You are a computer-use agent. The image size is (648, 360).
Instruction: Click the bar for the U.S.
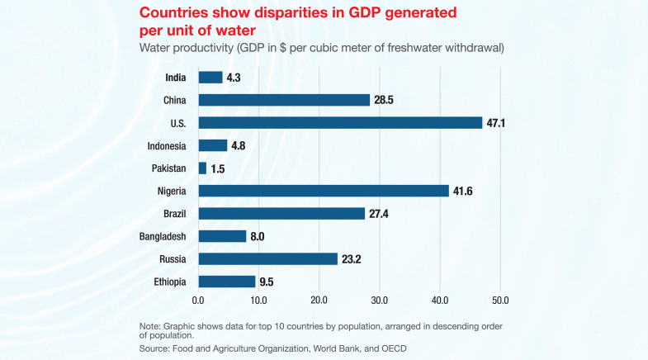tap(340, 122)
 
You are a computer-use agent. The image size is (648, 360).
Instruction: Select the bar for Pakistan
tap(202, 168)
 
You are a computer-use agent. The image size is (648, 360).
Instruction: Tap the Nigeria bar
tap(324, 190)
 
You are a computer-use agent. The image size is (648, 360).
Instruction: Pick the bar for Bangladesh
tap(222, 236)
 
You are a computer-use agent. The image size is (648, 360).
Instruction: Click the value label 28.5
tap(385, 100)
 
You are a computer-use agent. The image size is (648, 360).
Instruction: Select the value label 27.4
tap(380, 213)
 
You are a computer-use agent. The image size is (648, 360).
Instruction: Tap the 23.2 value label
tap(352, 258)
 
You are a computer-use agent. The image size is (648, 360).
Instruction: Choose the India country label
tap(175, 78)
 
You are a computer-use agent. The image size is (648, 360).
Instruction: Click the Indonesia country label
tap(167, 145)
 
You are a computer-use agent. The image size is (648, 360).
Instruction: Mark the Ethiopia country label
tap(169, 282)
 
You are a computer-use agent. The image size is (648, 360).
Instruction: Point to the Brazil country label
tap(174, 213)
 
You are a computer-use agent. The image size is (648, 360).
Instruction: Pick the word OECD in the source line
tap(392, 349)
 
